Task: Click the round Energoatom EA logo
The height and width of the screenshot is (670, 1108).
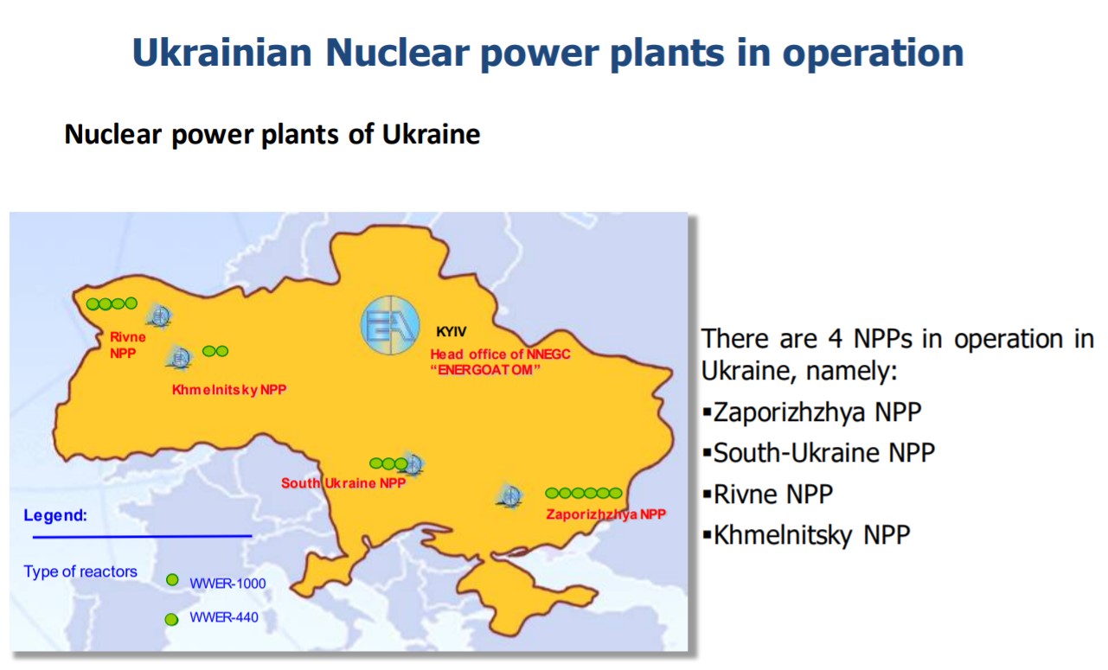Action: coord(390,325)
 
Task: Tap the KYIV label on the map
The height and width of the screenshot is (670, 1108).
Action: coord(452,332)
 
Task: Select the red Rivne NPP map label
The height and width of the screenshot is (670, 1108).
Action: coord(128,345)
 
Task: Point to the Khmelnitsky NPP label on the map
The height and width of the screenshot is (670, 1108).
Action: coord(229,390)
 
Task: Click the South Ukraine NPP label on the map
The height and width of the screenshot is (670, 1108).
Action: coord(343,483)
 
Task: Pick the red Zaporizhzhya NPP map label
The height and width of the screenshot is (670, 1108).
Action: coord(606,514)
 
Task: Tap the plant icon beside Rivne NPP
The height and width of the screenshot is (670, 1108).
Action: coord(160,316)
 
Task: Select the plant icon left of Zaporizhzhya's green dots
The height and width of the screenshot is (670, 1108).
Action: coord(509,496)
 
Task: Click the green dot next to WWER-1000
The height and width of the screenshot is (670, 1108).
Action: coord(172,579)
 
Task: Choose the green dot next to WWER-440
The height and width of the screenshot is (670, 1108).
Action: coord(171,619)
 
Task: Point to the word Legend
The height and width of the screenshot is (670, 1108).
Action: coord(55,515)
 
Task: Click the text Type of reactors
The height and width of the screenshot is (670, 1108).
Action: coord(80,571)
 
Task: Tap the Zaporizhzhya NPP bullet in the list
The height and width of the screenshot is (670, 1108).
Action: coord(812,412)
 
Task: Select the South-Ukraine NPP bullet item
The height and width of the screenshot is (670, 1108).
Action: coord(819,453)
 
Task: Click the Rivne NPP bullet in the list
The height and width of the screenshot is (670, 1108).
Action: coord(768,494)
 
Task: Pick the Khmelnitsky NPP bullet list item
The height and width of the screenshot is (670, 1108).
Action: coord(807,534)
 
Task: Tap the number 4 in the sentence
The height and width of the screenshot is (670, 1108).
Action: coord(835,339)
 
